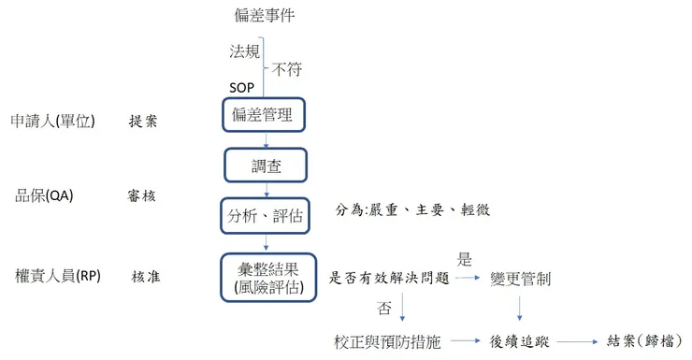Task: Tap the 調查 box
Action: click(266, 166)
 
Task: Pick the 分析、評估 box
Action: click(266, 216)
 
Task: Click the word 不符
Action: click(287, 68)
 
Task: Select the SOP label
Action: click(241, 87)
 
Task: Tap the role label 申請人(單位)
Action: click(52, 122)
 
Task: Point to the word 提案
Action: click(143, 122)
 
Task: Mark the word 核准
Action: click(147, 277)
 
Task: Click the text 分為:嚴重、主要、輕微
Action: click(412, 210)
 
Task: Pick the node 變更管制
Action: click(520, 278)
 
